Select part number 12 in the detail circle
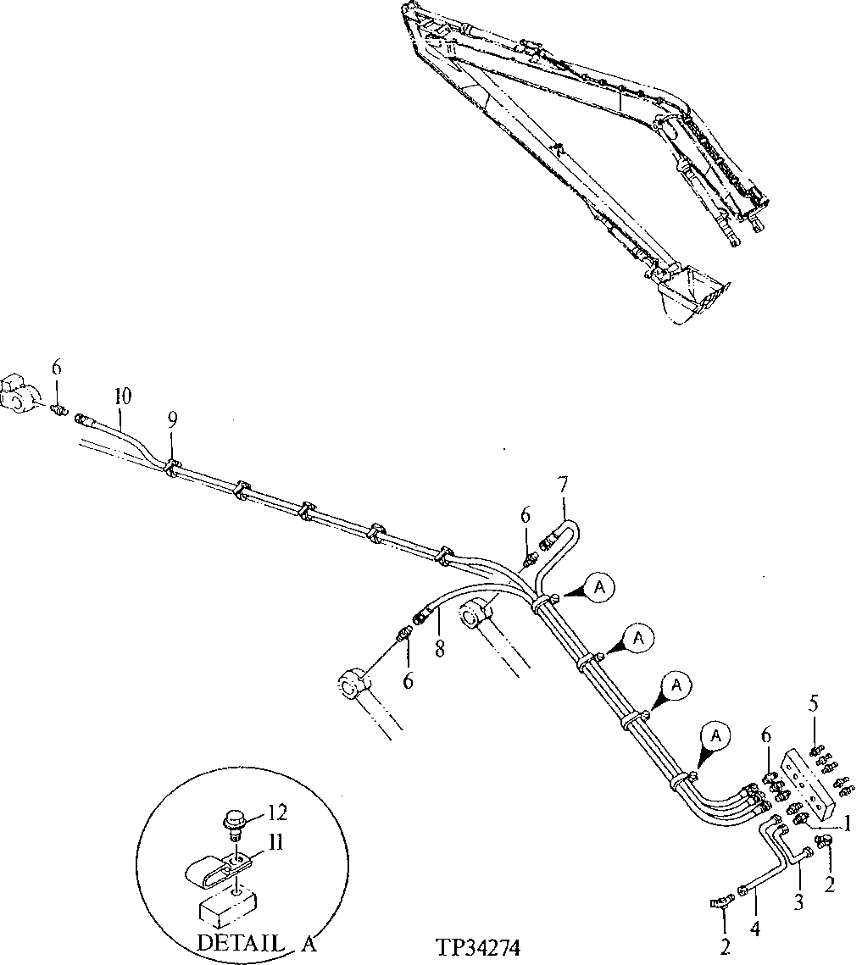tap(276, 813)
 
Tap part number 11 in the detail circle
tap(276, 843)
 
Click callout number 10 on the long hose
tap(124, 396)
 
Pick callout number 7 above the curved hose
tap(564, 486)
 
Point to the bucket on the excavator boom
tap(691, 294)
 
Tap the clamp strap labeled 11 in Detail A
tap(217, 868)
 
